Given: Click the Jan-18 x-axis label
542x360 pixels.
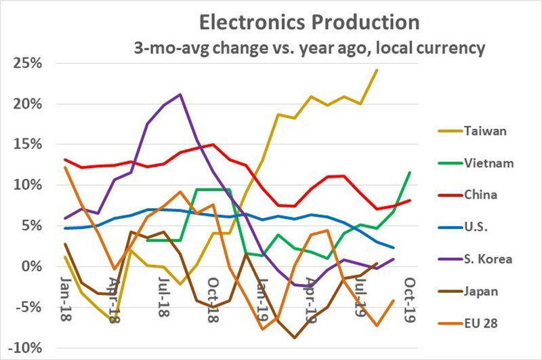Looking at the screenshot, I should coord(68,299).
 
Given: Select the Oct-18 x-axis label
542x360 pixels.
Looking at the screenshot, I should coord(211,299).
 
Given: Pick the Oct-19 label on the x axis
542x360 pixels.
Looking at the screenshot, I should coord(409,299).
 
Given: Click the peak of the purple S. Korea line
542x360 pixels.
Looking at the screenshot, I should coord(180,94).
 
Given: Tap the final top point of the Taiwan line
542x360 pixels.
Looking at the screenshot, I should coord(377,70).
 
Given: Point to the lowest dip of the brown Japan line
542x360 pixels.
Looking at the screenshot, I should coord(295,338).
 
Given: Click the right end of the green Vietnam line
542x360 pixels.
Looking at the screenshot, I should coord(410,172).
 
